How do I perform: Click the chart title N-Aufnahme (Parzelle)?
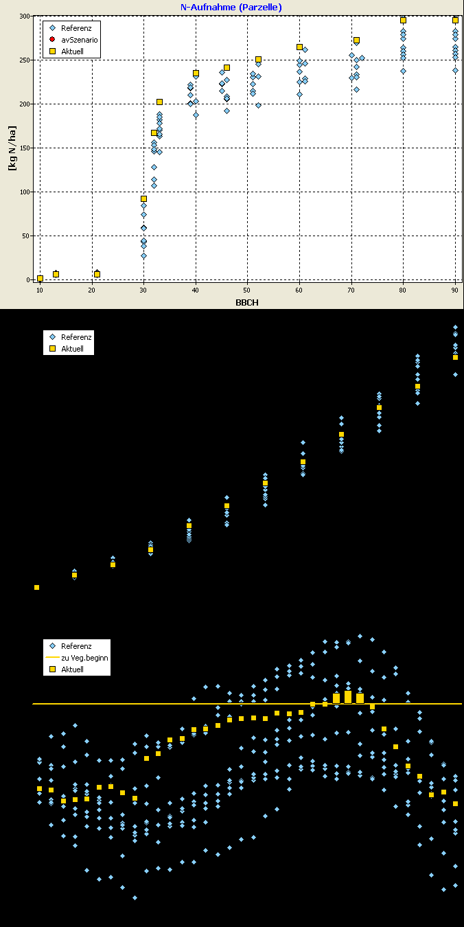[231, 7]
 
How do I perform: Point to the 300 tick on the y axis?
[25, 16]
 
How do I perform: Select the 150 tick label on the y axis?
[25, 148]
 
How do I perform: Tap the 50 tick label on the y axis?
[27, 236]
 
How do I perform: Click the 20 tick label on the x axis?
[92, 290]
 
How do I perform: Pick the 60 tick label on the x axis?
[299, 290]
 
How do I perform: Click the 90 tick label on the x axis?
[455, 290]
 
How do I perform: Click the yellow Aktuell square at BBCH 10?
[40, 278]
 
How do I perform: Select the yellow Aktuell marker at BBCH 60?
[299, 47]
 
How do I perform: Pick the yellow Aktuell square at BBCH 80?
[403, 21]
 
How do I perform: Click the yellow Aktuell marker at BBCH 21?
[97, 274]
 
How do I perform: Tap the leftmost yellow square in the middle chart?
[36, 587]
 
